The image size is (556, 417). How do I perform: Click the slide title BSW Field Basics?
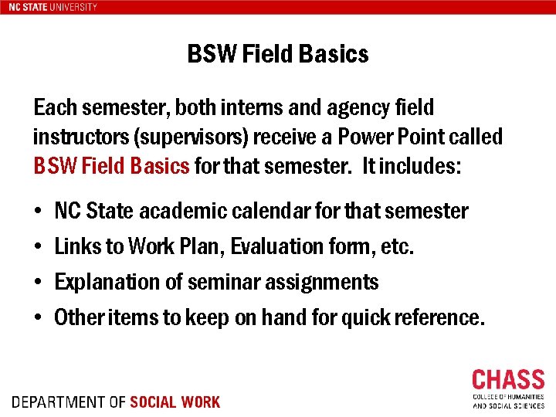pyautogui.click(x=277, y=54)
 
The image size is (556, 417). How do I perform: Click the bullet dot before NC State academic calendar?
pyautogui.click(x=38, y=211)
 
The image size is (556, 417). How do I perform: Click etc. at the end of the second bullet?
pyautogui.click(x=399, y=246)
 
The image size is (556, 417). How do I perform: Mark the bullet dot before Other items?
pyautogui.click(x=38, y=317)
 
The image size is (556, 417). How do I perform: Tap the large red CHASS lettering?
pyautogui.click(x=508, y=380)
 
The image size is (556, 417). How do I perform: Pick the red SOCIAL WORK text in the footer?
pyautogui.click(x=175, y=402)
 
